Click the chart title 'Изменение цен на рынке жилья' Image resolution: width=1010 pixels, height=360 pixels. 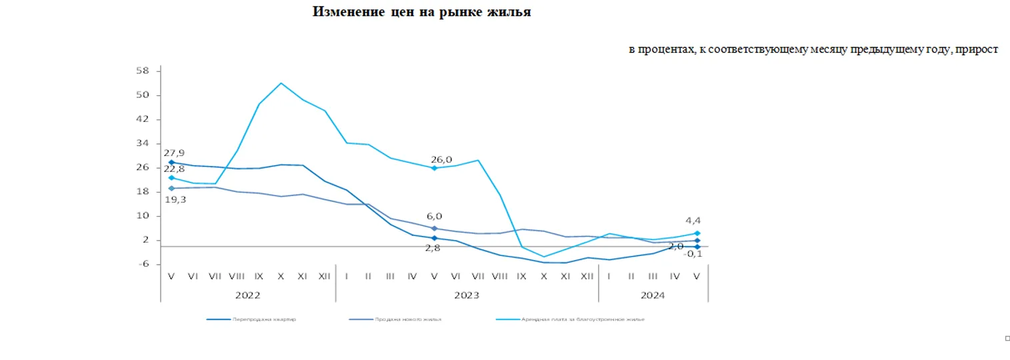[421, 12]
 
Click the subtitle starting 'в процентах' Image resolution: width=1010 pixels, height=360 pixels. [813, 50]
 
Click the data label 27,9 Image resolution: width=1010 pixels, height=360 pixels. [174, 153]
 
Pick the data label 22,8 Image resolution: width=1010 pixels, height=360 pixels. [174, 169]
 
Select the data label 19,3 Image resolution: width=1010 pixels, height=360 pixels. [175, 199]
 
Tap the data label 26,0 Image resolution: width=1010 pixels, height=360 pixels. [441, 159]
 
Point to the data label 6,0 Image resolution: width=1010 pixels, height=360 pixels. [435, 216]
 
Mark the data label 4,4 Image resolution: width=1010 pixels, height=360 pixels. [693, 221]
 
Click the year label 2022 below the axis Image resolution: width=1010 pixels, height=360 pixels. [248, 295]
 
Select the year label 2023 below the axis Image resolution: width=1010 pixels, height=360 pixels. [467, 295]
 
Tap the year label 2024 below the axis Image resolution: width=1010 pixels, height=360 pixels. [653, 295]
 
